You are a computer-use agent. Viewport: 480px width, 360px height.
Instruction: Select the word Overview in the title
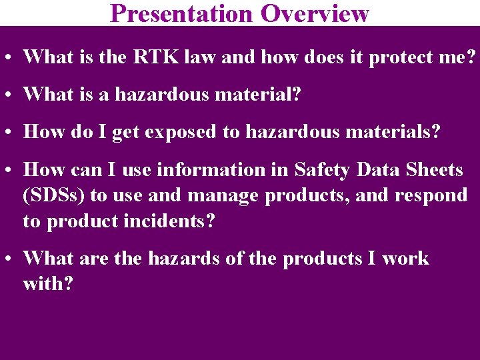(315, 13)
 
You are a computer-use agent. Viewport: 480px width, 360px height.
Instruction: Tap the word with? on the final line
(48, 284)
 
